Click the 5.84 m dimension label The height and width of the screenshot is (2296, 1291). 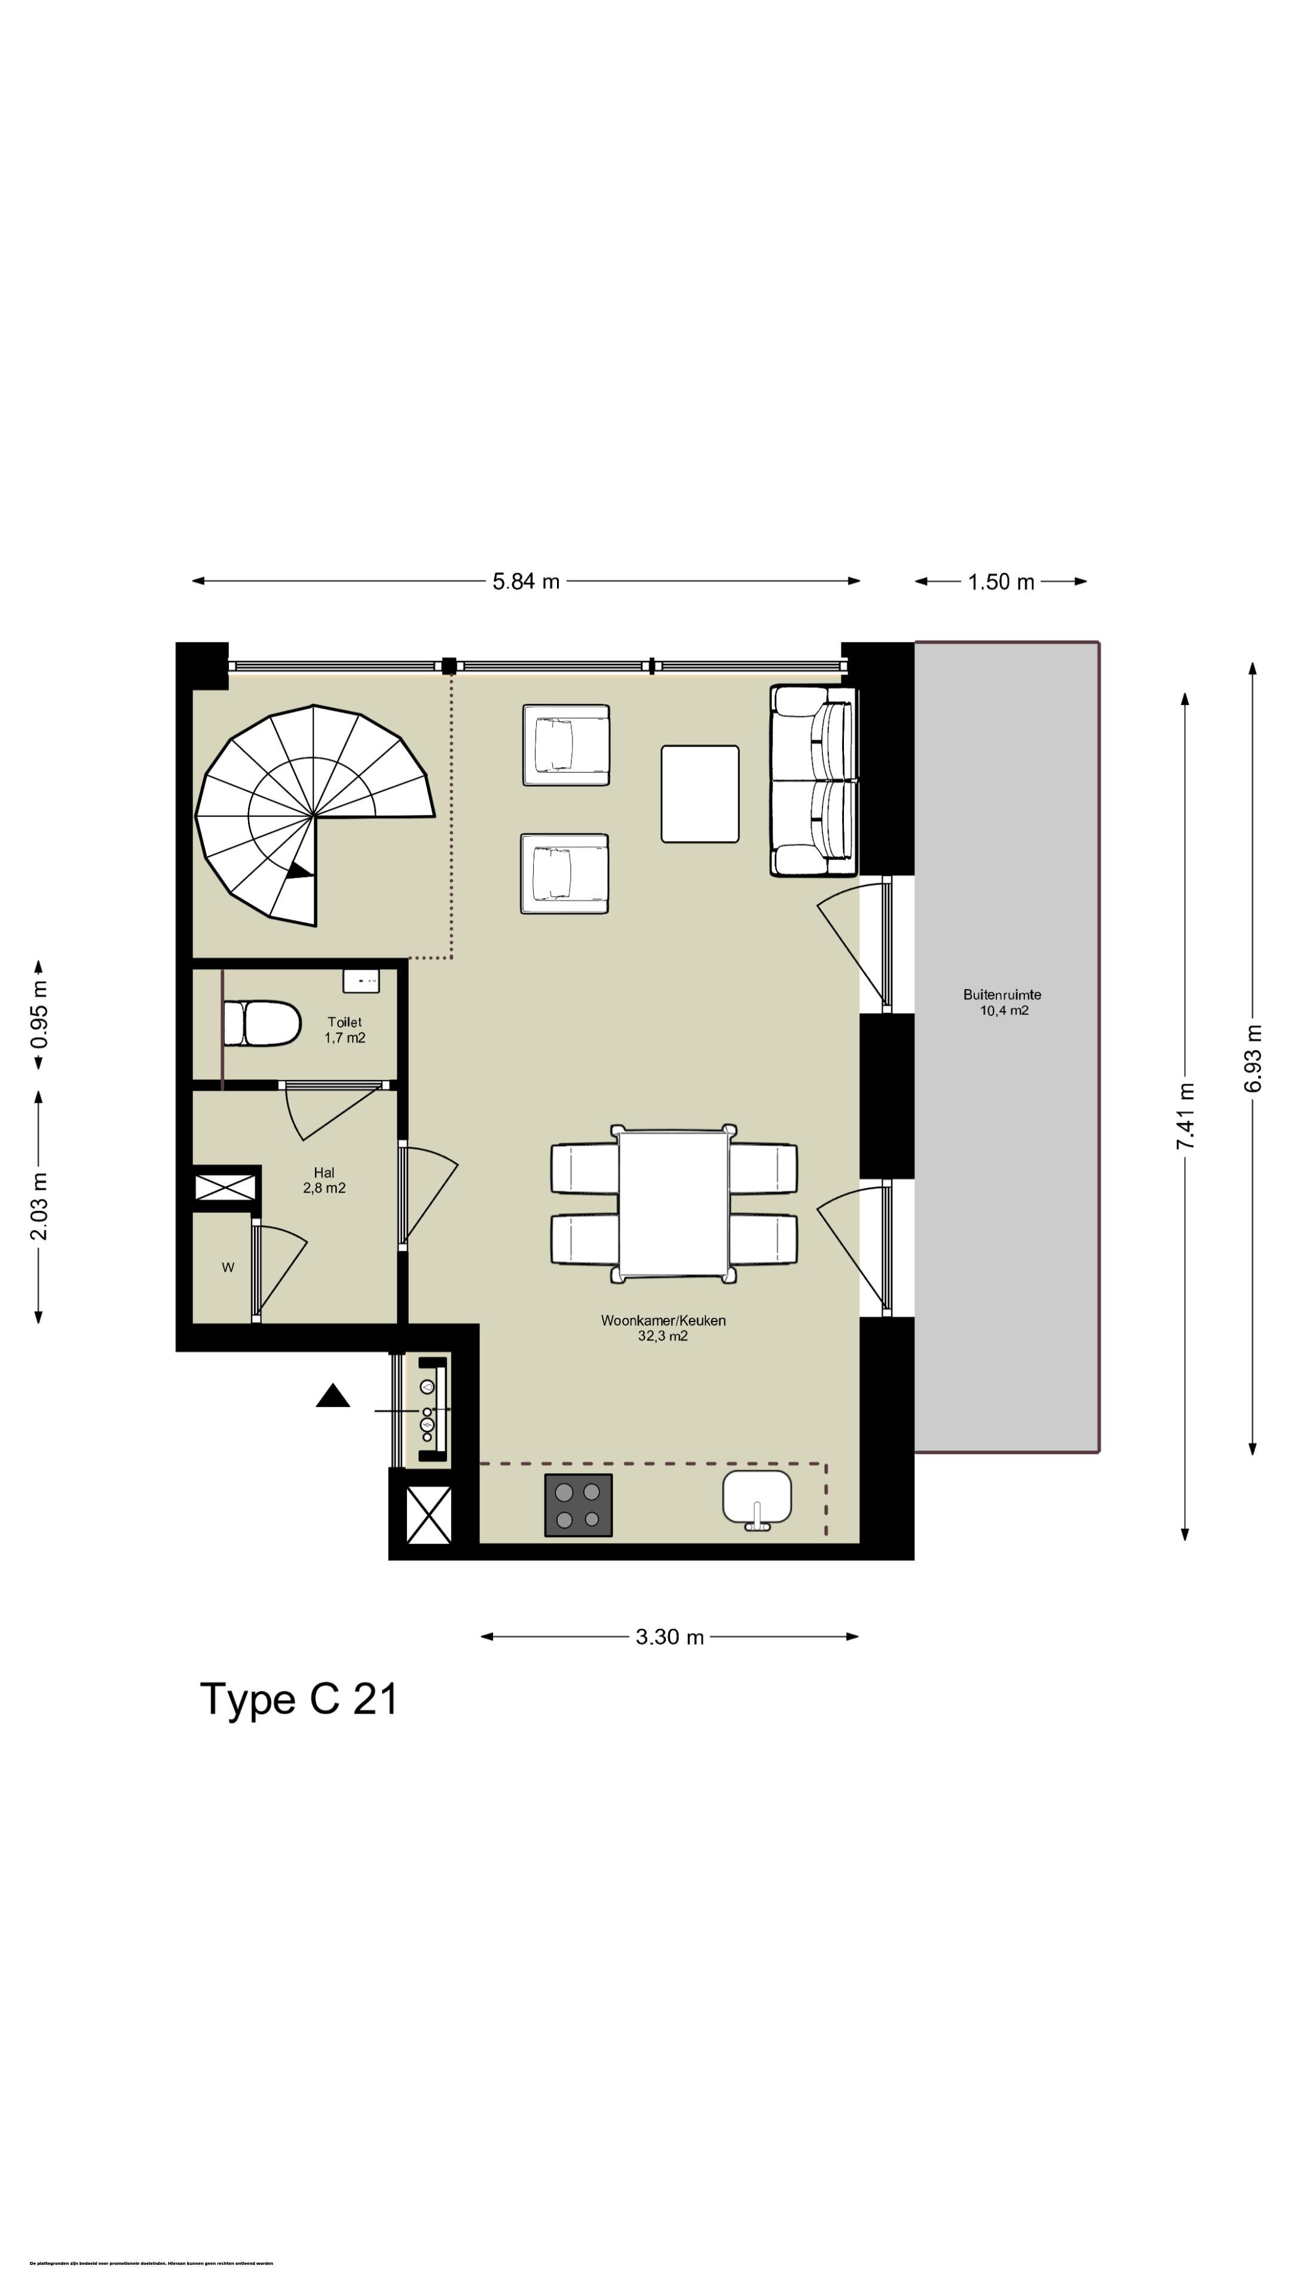(526, 581)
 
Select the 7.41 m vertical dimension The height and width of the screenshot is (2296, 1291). (1185, 1115)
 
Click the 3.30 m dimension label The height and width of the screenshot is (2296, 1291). (669, 1637)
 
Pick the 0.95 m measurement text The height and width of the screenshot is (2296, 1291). (39, 1014)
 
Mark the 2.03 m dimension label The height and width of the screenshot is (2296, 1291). (39, 1207)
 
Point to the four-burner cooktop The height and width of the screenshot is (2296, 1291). (578, 1506)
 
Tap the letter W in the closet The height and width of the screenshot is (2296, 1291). (228, 1268)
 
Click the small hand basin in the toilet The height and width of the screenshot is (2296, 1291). (362, 981)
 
